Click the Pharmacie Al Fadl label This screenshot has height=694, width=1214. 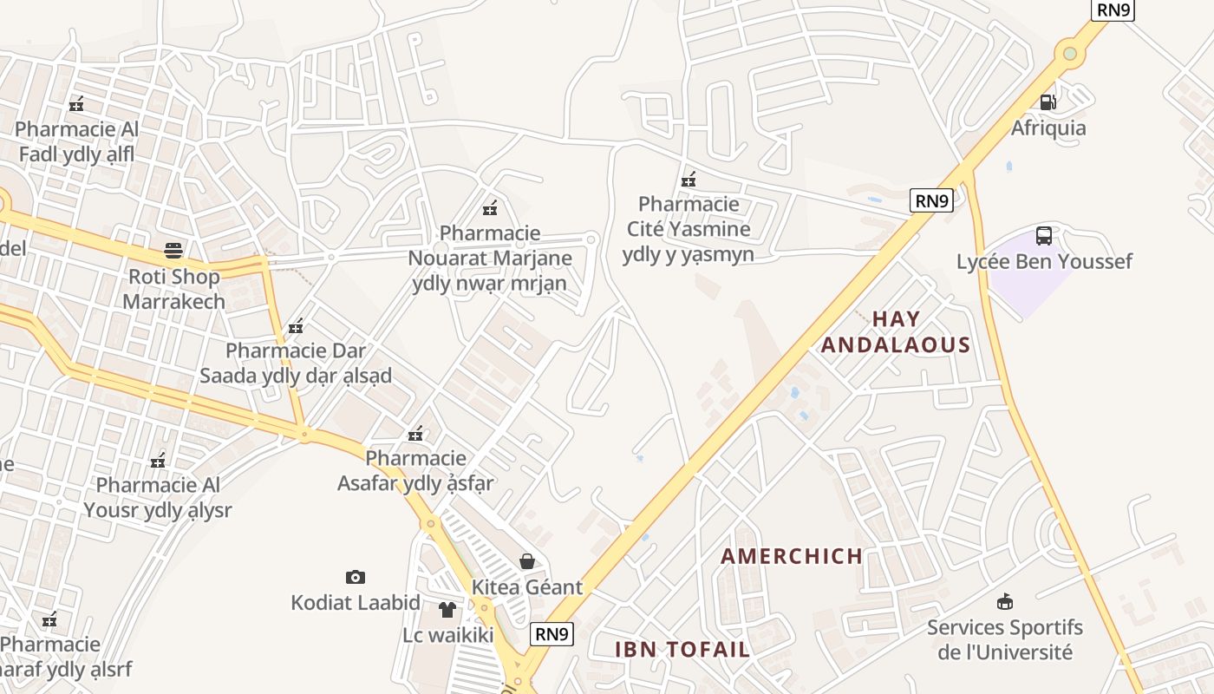coord(76,141)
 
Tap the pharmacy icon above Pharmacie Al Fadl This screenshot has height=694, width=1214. coord(76,104)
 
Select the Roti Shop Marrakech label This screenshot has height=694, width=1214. coord(173,289)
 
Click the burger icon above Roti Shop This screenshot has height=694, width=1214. coord(173,252)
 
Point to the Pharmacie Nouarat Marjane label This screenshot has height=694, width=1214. coord(490,258)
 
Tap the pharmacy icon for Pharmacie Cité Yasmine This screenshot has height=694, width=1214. coord(689,180)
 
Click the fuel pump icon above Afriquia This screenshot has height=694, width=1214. coord(1048,102)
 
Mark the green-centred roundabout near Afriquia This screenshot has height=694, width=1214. coord(1070,54)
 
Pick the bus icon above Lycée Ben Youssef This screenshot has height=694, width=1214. coord(1044,236)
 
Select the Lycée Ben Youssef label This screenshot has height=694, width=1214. coord(1044,261)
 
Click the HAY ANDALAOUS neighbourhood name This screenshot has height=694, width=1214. coord(896,331)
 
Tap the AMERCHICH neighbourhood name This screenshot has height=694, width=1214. coord(792,556)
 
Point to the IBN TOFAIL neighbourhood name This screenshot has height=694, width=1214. coord(682,649)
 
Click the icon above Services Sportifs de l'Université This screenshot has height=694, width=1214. coord(1005,601)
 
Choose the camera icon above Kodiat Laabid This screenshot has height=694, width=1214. coord(355,577)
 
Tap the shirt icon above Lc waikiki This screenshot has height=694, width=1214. coord(447,610)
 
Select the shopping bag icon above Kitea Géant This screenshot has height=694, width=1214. coord(526,561)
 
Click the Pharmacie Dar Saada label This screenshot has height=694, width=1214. coord(296,363)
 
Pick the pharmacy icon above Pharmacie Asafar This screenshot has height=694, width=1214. coord(415,433)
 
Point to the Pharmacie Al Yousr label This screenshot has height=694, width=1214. coord(158,497)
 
